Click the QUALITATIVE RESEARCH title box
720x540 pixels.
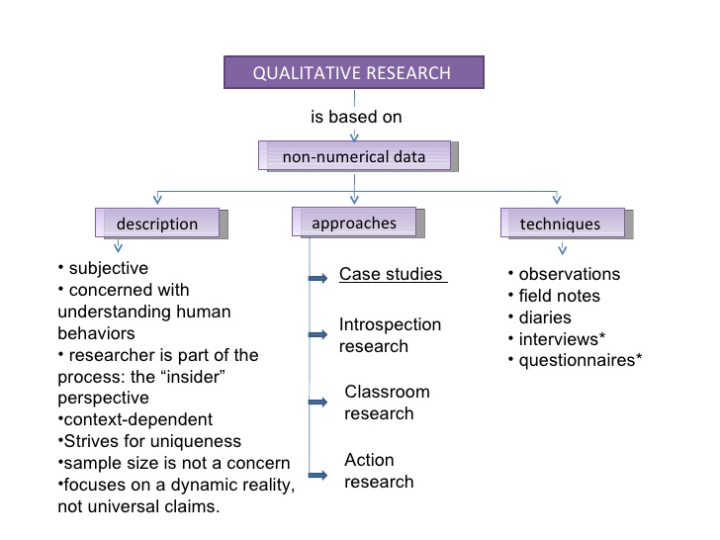point(354,72)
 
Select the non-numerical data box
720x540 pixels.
point(358,156)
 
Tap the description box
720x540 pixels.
point(161,224)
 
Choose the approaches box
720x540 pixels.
point(358,223)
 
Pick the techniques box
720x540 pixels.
point(567,224)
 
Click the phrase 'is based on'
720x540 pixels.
point(356,117)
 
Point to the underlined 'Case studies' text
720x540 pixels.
point(393,274)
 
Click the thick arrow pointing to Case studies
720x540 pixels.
point(317,278)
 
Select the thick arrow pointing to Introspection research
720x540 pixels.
point(317,334)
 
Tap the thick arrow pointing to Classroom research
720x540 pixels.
point(317,403)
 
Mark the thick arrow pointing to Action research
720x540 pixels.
point(317,475)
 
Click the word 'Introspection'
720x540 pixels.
point(390,324)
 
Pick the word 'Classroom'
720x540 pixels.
point(387,392)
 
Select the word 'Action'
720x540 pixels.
point(369,460)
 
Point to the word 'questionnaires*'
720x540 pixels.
point(581,360)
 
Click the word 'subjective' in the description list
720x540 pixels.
point(109,268)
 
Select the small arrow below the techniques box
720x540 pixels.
point(563,249)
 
